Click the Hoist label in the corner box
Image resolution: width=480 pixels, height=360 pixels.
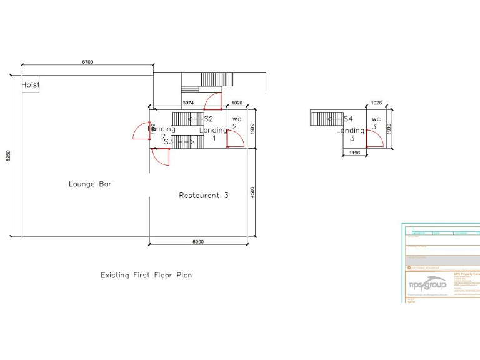tap(31, 84)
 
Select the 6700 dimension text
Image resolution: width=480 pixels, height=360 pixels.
tap(87, 62)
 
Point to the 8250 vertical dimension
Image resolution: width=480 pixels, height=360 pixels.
tap(8, 156)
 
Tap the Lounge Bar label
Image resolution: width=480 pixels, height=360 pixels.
tap(90, 184)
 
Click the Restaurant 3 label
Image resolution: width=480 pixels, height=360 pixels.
tap(204, 195)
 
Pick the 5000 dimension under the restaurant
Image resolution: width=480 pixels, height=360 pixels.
tap(198, 242)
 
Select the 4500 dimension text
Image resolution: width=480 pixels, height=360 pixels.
tap(252, 192)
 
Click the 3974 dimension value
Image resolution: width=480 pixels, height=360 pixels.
tap(187, 102)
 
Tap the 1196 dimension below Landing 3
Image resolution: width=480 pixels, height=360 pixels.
tap(354, 152)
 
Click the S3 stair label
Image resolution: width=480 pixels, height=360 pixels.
tap(168, 142)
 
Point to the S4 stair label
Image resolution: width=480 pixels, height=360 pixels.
tap(348, 118)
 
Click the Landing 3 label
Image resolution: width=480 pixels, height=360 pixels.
tap(350, 134)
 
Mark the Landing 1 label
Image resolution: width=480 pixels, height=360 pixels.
tap(213, 133)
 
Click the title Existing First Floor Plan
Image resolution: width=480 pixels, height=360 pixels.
tap(146, 274)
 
